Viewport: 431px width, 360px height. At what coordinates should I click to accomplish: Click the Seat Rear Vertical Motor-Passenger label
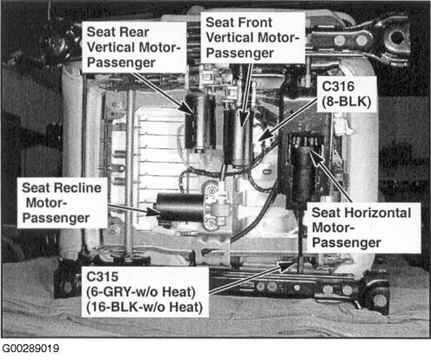pos(134,47)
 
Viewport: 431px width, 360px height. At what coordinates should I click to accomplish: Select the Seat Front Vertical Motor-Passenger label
pos(253,37)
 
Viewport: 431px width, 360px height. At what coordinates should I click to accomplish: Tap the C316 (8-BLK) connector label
pos(347,94)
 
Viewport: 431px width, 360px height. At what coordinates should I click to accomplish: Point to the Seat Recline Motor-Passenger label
pos(62,203)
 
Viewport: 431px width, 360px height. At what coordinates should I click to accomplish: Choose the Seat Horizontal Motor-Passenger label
pos(361,228)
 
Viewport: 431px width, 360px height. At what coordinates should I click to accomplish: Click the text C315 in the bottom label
pos(102,276)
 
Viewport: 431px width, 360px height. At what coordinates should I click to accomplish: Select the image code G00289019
pos(30,349)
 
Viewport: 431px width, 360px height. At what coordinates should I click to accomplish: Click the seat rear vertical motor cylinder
pos(200,123)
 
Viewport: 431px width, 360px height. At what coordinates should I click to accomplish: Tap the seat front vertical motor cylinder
pos(239,139)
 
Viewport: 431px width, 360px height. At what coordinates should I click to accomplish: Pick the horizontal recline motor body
pos(180,208)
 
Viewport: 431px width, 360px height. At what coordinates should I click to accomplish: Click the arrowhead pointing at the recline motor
pos(154,212)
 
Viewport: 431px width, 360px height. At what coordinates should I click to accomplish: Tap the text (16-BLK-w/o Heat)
pos(145,308)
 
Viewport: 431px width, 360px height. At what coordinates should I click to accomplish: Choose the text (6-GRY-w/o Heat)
pos(141,292)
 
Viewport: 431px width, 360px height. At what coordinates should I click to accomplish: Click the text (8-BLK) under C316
pos(347,102)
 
